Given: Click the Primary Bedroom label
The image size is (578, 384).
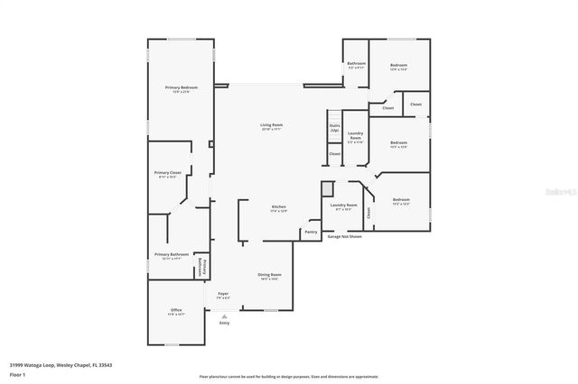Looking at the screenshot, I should click(x=182, y=87).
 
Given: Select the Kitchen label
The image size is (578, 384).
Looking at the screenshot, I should click(x=279, y=207).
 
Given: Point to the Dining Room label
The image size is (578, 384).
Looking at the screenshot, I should click(x=270, y=275).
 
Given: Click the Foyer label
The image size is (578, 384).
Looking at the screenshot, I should click(x=222, y=294).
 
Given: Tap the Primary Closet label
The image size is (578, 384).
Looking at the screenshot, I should click(x=168, y=172).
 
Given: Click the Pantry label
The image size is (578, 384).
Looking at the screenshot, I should click(x=311, y=232).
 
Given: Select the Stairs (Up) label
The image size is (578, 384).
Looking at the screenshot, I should click(x=334, y=128).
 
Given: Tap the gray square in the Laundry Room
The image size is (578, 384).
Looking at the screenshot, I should click(x=326, y=188).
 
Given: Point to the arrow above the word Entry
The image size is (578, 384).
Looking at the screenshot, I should click(x=224, y=315).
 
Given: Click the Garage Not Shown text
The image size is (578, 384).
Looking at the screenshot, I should click(x=344, y=237).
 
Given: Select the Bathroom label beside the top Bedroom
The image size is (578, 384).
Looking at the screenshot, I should click(x=356, y=63).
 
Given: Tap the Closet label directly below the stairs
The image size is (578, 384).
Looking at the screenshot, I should click(x=334, y=153).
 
